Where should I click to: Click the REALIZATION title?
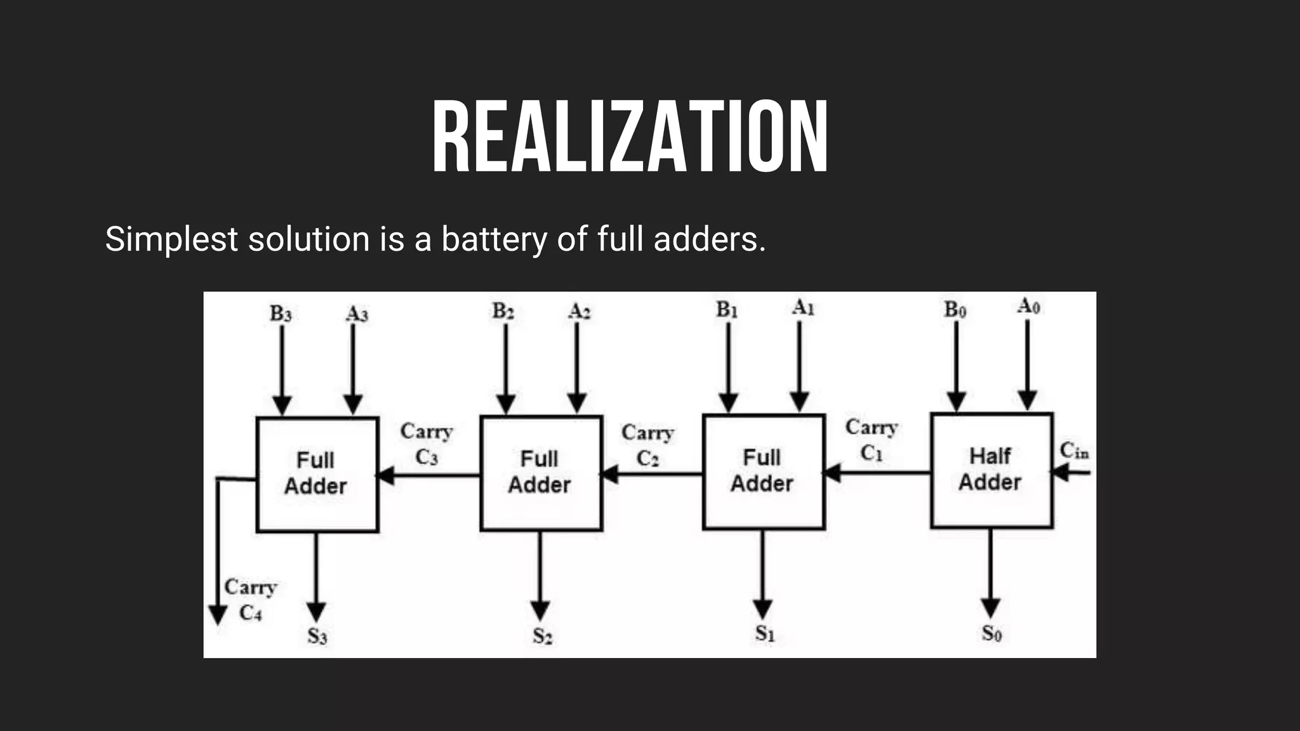click(x=630, y=138)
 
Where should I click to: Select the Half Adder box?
click(x=991, y=470)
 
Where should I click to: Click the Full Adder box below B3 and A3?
click(x=317, y=474)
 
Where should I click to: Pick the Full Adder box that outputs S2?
click(x=540, y=473)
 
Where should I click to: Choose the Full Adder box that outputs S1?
click(x=763, y=471)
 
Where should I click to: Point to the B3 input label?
click(x=281, y=313)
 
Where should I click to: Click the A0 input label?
click(x=1028, y=306)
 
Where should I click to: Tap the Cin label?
click(x=1074, y=451)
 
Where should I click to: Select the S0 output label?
click(x=992, y=633)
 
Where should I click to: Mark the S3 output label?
click(x=317, y=635)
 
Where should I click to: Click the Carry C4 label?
click(x=250, y=600)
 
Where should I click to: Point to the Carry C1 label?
click(x=872, y=440)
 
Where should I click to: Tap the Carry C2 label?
click(x=647, y=445)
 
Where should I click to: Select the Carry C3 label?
click(x=426, y=444)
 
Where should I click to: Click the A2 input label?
click(x=579, y=312)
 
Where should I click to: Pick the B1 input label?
click(x=727, y=310)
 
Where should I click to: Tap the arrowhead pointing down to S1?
click(x=763, y=608)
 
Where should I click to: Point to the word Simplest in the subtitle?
click(x=171, y=240)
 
